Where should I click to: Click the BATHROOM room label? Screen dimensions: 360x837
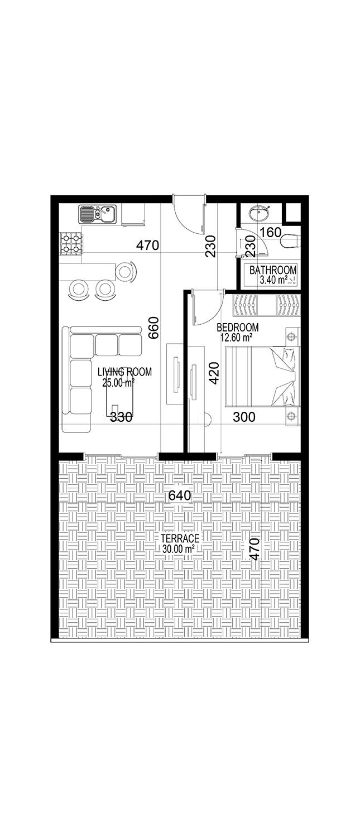(x=273, y=270)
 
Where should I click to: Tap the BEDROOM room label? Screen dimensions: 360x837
(x=238, y=328)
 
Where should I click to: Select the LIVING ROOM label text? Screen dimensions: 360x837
(x=124, y=372)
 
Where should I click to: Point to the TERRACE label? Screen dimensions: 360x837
(x=180, y=538)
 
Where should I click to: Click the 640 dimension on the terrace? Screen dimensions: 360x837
(x=180, y=496)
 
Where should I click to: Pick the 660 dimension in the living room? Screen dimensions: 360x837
(x=153, y=328)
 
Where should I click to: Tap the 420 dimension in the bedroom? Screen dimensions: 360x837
(x=214, y=373)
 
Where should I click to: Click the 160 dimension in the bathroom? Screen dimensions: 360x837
(x=271, y=233)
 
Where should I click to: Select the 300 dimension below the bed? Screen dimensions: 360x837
(x=244, y=417)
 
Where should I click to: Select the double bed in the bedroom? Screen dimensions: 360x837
(x=262, y=376)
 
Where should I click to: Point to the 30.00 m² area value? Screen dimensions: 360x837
(x=179, y=549)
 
